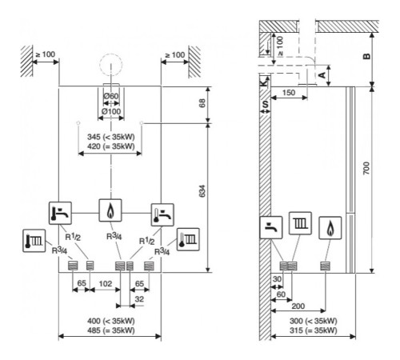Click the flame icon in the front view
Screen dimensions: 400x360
coord(110,210)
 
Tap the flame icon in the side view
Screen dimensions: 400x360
coord(330,228)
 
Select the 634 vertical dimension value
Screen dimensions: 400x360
coord(202,191)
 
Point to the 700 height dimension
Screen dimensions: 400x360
coord(366,168)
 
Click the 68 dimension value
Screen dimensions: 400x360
coord(202,103)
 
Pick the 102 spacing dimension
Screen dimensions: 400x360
coord(106,284)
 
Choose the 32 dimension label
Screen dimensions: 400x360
coord(139,299)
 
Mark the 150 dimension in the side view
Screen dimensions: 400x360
coord(289,93)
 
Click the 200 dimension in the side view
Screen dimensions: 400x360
coord(298,306)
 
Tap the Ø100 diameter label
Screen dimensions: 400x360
coord(111,111)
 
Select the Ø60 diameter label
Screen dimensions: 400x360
coord(111,96)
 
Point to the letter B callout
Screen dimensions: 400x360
coord(367,56)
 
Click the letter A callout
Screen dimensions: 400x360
coord(322,75)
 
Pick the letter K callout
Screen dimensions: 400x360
coord(263,82)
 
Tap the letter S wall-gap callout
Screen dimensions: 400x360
coord(265,104)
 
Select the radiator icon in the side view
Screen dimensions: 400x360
coord(300,223)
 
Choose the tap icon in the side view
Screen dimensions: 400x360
coord(271,227)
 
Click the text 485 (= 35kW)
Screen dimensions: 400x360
coord(111,330)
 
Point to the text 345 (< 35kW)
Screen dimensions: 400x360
coord(111,137)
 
